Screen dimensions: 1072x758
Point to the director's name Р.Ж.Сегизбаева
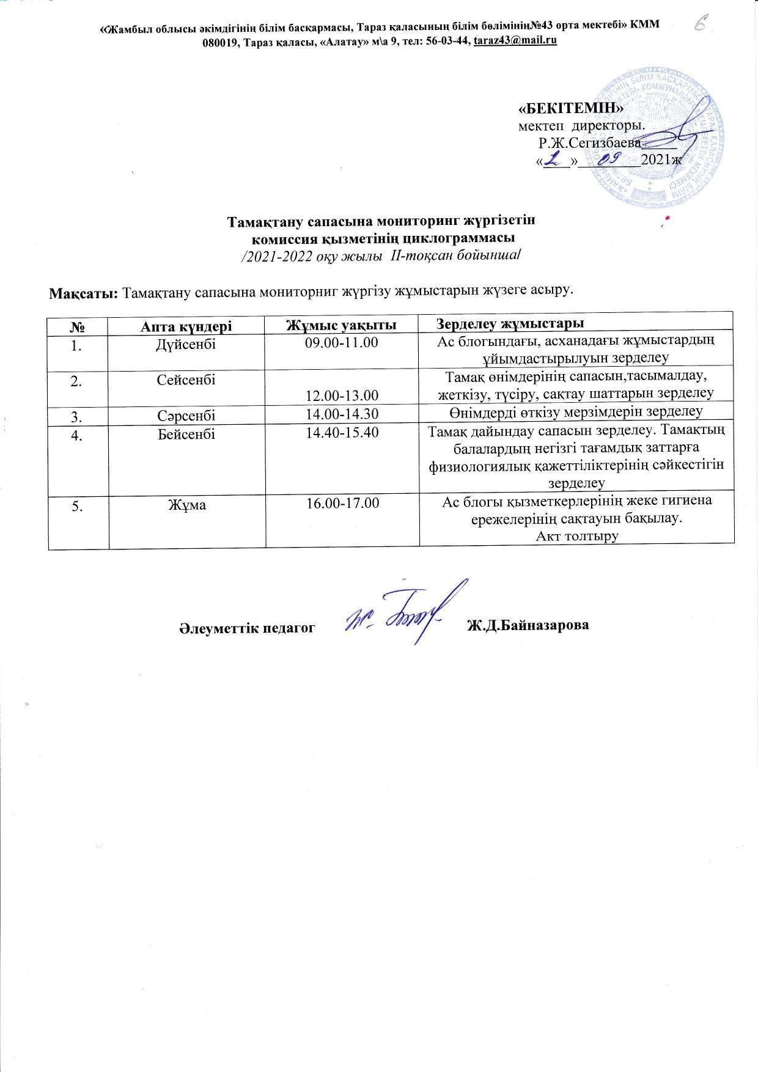[x=589, y=144]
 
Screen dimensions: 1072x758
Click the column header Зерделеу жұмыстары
[x=510, y=323]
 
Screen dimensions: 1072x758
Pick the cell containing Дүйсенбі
[x=186, y=343]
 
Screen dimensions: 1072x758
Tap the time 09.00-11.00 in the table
[x=342, y=342]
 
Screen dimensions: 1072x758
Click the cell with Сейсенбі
[x=186, y=380]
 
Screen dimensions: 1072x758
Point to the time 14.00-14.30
[x=342, y=414]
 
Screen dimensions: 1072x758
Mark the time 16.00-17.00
[x=342, y=503]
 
